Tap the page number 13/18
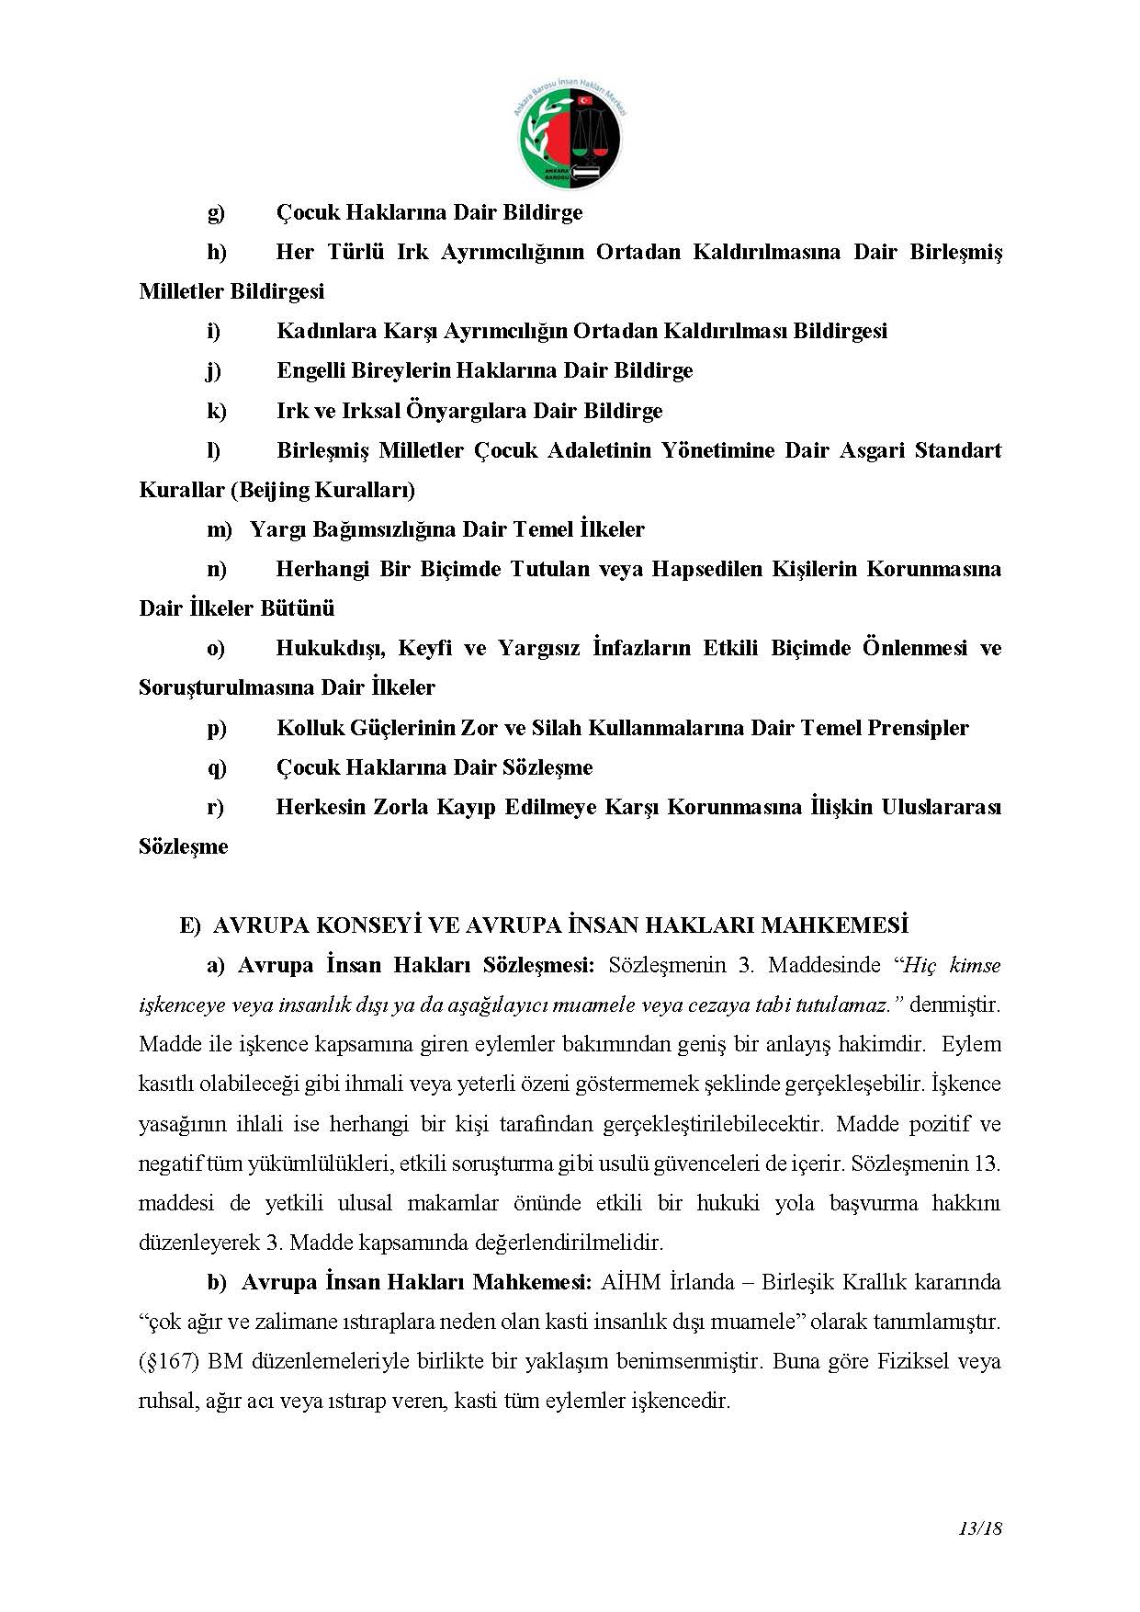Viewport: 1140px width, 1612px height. pos(979,1529)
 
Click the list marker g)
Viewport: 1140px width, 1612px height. pos(216,213)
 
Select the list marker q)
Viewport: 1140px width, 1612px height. pos(217,768)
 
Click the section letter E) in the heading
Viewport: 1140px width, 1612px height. pos(190,925)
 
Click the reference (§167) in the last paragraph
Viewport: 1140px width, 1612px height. pos(169,1361)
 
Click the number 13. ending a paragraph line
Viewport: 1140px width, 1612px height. pos(986,1164)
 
